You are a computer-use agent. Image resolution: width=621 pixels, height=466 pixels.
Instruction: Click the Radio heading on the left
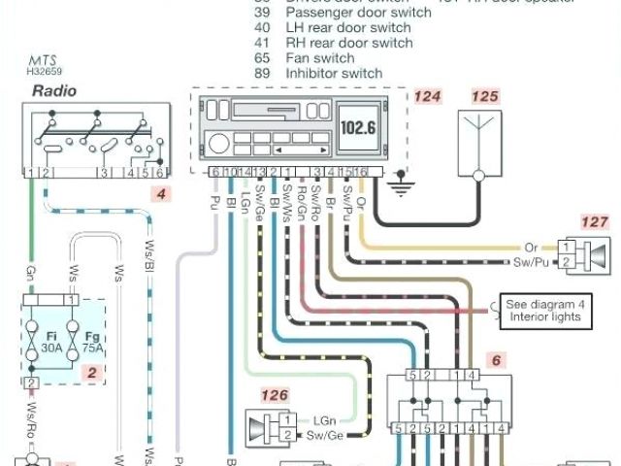click(x=54, y=91)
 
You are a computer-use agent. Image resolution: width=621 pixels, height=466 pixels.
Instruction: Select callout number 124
click(x=427, y=97)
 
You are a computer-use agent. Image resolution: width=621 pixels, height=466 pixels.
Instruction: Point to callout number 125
click(x=486, y=97)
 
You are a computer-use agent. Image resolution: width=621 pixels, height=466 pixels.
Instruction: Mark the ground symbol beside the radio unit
click(x=399, y=183)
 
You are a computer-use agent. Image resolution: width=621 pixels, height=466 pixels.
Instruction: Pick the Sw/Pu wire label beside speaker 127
click(x=520, y=262)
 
